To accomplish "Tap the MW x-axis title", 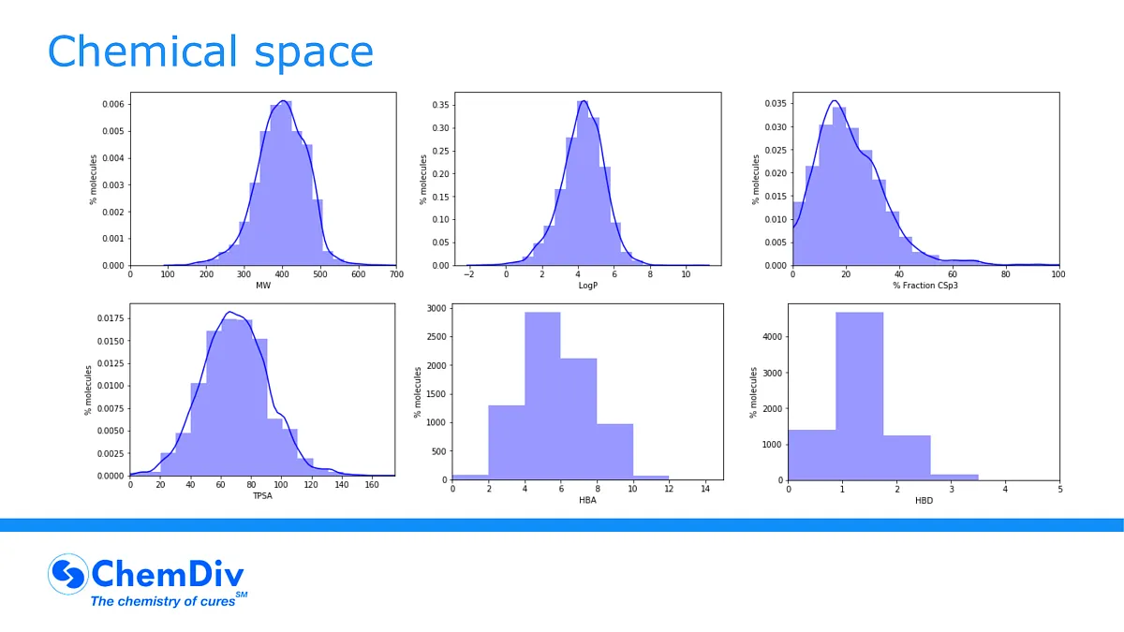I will (x=263, y=285).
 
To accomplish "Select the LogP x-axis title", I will (x=586, y=285).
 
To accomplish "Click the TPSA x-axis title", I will (x=262, y=494).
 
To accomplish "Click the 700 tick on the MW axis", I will (x=396, y=273).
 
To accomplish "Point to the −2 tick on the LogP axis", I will (x=468, y=273).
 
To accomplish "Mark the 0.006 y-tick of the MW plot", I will (x=111, y=104).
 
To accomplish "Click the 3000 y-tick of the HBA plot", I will (x=434, y=308).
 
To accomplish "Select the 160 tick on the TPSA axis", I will (x=371, y=484).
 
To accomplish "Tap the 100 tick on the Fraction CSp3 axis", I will (x=1059, y=273).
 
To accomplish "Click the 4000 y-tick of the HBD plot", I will (x=771, y=336).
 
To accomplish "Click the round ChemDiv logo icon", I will (x=67, y=575).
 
